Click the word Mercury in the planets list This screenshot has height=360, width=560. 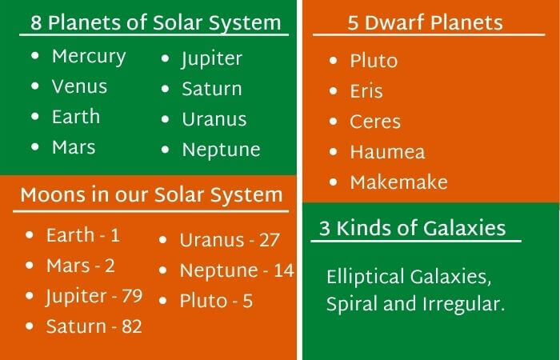89,57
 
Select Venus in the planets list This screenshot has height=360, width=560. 79,86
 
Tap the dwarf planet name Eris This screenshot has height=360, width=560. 366,91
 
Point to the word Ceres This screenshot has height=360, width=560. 375,122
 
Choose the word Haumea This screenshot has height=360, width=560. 387,152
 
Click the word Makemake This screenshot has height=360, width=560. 398,182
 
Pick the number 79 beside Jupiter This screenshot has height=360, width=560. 132,296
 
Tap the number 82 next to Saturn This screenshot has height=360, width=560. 132,326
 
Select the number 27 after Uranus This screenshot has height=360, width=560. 269,240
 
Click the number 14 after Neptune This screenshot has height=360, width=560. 284,270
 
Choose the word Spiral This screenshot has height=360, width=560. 351,305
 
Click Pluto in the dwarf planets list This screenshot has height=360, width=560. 374,61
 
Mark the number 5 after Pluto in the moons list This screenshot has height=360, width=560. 247,301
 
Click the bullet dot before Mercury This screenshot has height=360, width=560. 35,55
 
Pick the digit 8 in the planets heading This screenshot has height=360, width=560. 36,23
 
